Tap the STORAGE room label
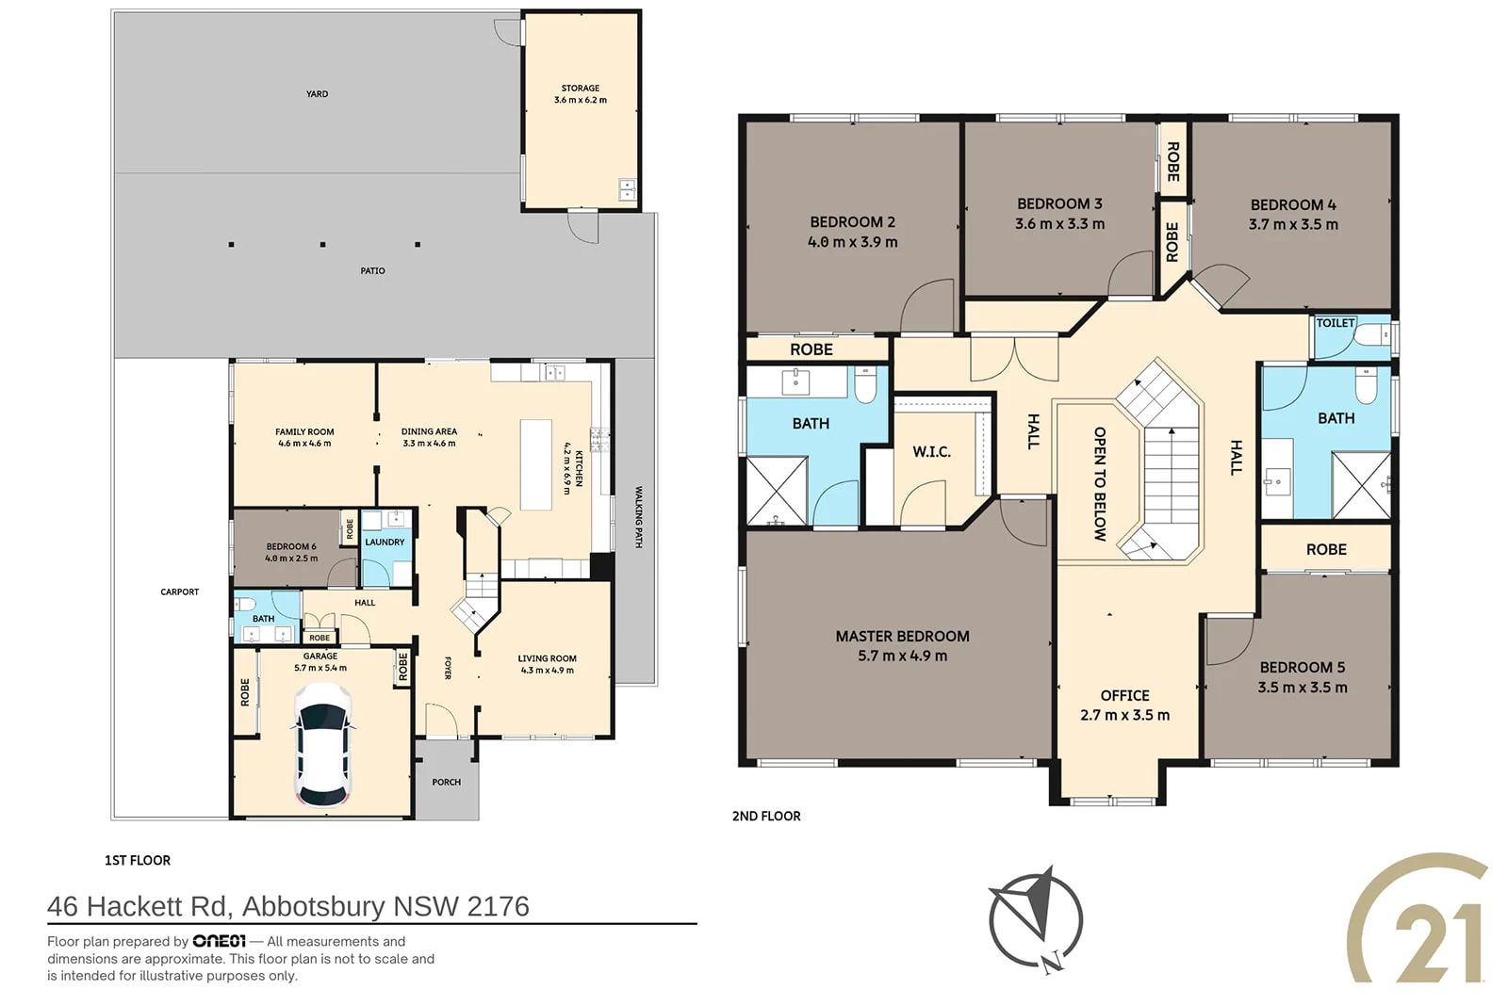(581, 89)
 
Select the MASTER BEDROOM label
(902, 636)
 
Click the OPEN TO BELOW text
(1100, 484)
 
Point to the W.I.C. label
(932, 451)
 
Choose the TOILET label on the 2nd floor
(1335, 323)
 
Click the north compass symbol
(1036, 919)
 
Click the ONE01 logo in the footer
(219, 941)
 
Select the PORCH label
(447, 782)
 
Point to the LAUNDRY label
(385, 542)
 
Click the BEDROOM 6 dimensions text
(291, 559)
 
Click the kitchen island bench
(536, 464)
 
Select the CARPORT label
(180, 592)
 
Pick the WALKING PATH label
(639, 516)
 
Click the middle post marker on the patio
(323, 244)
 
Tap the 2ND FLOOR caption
(766, 816)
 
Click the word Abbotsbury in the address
(313, 907)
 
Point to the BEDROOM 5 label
(1302, 667)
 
